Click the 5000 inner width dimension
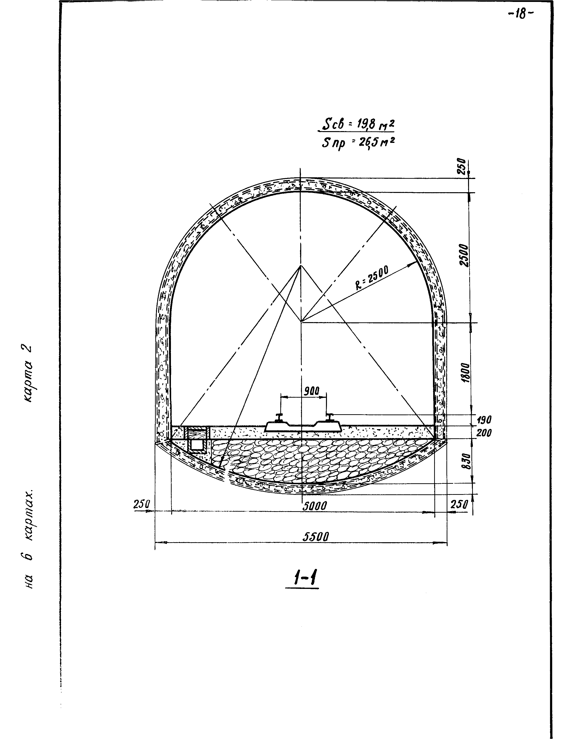(x=314, y=506)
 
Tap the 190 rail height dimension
(x=484, y=420)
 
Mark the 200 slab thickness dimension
(x=484, y=433)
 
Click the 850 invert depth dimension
(x=467, y=461)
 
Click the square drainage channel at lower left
(x=196, y=445)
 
